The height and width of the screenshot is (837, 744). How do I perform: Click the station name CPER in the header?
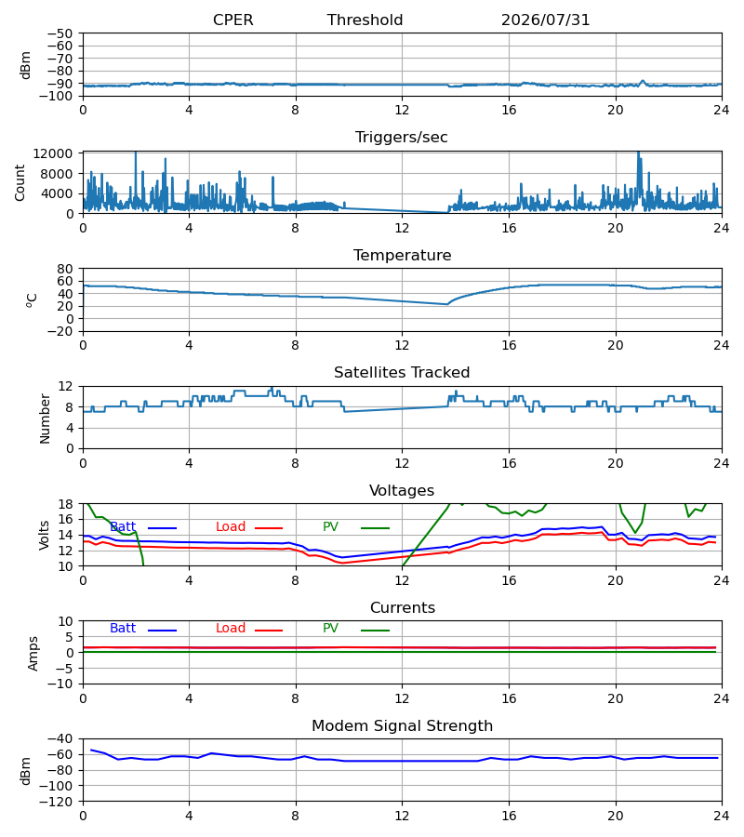coord(232,20)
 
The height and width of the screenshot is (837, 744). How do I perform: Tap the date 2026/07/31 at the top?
coord(545,20)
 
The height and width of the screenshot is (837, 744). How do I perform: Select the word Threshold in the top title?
coord(365,20)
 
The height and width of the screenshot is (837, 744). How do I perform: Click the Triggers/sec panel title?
coord(402,138)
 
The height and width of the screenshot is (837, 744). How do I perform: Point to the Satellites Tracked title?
coord(402,372)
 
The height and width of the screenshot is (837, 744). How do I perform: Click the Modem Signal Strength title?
coord(402,726)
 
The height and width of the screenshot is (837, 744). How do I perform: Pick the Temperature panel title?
coord(402,255)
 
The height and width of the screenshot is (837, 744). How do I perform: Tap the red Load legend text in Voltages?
coord(231,526)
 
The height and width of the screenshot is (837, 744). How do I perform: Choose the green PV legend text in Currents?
coord(330,628)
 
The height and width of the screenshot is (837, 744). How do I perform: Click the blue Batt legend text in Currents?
coord(123,628)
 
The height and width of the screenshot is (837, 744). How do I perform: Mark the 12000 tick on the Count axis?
coord(53,153)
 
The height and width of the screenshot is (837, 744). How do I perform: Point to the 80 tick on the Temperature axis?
coord(64,269)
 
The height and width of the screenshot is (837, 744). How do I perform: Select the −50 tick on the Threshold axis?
coord(60,33)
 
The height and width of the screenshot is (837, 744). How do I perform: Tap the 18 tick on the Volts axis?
coord(65,504)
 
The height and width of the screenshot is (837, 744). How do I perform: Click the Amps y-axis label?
coord(33,653)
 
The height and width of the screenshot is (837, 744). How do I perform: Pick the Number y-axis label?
coord(45,418)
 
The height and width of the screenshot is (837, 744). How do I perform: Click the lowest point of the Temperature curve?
coord(446,304)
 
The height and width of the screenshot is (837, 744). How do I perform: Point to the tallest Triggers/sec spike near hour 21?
coord(638,153)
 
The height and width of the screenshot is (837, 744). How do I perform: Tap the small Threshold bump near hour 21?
coord(643,81)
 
